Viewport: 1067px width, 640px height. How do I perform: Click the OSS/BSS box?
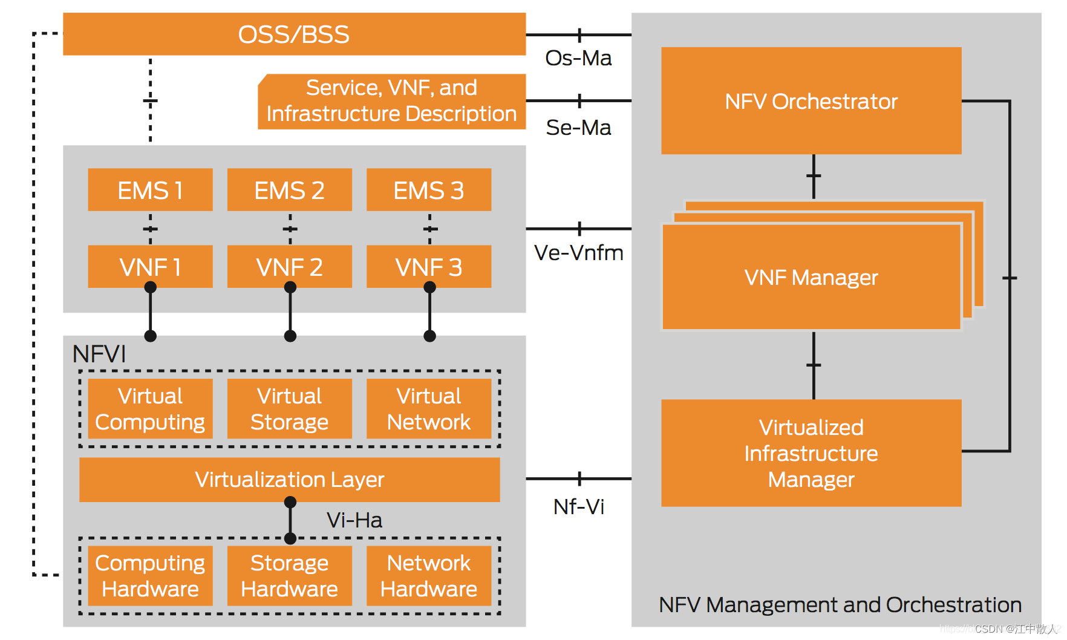tap(294, 34)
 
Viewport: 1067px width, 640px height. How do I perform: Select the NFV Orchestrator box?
tap(811, 101)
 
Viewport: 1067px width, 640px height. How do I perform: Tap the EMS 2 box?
tap(289, 190)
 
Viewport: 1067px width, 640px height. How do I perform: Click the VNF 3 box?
tap(428, 267)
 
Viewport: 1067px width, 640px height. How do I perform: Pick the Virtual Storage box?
tap(289, 409)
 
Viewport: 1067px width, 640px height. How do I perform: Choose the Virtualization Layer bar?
tap(289, 480)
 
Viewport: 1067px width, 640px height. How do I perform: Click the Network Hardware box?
tap(428, 576)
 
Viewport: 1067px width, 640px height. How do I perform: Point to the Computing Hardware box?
tap(150, 576)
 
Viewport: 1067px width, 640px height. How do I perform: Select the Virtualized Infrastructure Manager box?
tap(811, 453)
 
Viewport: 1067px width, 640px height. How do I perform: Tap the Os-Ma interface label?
tap(578, 58)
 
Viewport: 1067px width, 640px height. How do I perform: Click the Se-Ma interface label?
tap(578, 128)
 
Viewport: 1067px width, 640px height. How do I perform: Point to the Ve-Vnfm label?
tap(578, 253)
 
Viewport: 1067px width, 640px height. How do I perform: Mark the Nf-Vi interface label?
tap(578, 507)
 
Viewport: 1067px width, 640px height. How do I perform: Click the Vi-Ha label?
tap(354, 520)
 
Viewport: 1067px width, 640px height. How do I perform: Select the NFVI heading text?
tap(99, 354)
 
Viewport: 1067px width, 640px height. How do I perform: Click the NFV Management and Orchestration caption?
tap(840, 605)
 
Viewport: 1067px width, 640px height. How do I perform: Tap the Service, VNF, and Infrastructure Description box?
tap(391, 101)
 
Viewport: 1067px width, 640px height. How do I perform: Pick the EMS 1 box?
tap(150, 190)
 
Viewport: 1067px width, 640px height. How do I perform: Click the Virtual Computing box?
tap(150, 409)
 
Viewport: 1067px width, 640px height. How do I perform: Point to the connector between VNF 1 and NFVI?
tap(151, 312)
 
